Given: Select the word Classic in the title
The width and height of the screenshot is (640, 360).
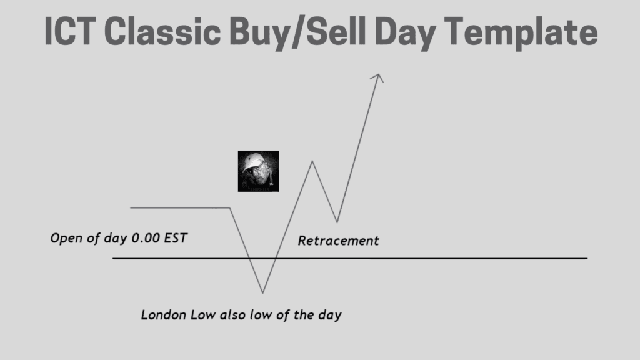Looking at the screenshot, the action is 163,31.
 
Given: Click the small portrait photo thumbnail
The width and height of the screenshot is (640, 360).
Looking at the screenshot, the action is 258,171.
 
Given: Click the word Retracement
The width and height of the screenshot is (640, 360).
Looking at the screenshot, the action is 338,241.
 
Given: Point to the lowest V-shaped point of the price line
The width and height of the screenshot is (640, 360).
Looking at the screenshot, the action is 263,292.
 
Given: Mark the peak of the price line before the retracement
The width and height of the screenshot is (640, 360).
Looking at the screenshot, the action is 312,161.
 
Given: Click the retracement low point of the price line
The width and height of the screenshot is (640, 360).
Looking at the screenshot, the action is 337,222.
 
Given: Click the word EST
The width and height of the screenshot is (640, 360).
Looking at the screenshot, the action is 176,238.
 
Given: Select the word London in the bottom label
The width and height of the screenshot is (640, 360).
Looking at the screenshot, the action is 164,315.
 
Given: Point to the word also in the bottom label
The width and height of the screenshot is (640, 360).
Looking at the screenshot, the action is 232,315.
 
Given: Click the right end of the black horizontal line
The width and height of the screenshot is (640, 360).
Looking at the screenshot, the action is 587,258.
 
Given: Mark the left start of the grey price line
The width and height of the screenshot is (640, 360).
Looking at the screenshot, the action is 131,208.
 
